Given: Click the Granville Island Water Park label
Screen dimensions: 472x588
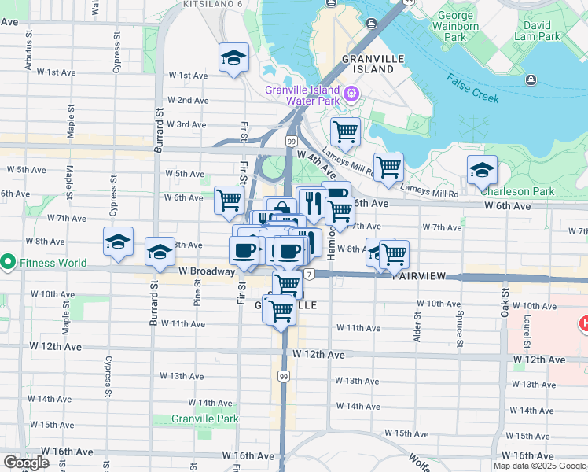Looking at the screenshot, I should (302, 95).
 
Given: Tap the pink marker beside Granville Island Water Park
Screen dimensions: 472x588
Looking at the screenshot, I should (350, 95).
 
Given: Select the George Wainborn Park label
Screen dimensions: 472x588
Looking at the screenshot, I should (455, 26).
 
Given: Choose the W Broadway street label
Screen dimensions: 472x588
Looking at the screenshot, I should (207, 271).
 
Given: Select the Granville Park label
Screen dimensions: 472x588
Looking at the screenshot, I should (205, 419).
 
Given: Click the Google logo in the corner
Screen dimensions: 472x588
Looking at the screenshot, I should (26, 463).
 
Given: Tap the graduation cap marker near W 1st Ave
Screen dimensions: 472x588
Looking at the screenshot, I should (233, 58).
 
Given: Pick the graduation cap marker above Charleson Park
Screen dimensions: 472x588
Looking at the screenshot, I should (482, 169).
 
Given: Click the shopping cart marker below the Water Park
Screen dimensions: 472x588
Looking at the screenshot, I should (344, 131).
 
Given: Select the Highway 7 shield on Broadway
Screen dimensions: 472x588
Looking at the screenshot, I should (311, 274).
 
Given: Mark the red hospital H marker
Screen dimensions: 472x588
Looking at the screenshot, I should (583, 323).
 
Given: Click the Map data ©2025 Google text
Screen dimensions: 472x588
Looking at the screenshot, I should (539, 466).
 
